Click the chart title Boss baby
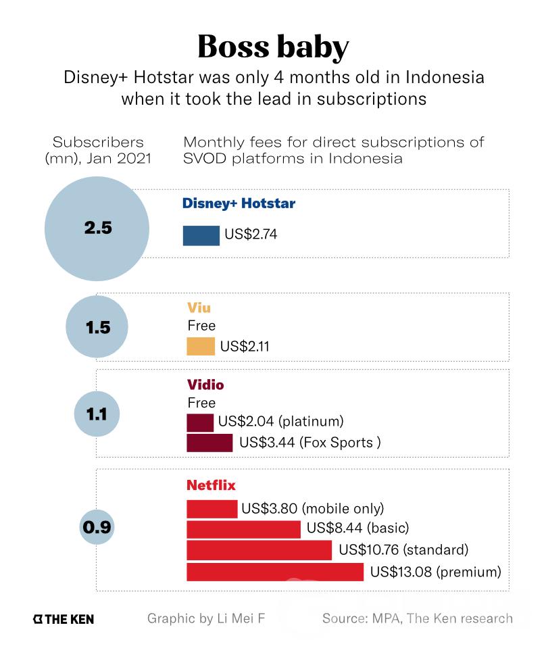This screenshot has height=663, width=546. tap(273, 47)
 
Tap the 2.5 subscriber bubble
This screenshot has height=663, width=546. tap(97, 228)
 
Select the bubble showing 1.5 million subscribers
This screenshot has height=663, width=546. tap(97, 328)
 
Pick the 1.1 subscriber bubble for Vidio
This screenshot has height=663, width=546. tap(97, 413)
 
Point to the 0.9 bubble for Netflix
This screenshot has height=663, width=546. tap(97, 526)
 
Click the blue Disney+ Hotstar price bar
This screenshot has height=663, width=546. tap(201, 235)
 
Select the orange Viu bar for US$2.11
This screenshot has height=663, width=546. tap(200, 347)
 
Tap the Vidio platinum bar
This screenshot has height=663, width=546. tap(200, 422)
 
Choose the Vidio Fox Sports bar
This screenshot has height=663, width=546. tap(209, 443)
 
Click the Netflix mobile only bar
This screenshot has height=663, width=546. tap(212, 508)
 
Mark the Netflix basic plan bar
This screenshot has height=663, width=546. tap(243, 529)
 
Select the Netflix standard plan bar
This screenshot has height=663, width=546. tap(259, 549)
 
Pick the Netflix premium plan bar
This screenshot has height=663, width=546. tap(275, 572)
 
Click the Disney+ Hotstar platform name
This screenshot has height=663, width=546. tap(239, 203)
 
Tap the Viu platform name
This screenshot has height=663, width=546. tap(199, 308)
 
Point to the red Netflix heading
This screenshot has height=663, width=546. tap(211, 485)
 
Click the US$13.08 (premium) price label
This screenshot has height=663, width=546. tap(436, 572)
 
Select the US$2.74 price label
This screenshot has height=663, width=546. tap(251, 235)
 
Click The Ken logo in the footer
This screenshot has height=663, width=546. tap(64, 618)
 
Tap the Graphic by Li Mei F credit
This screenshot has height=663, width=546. tap(205, 618)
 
